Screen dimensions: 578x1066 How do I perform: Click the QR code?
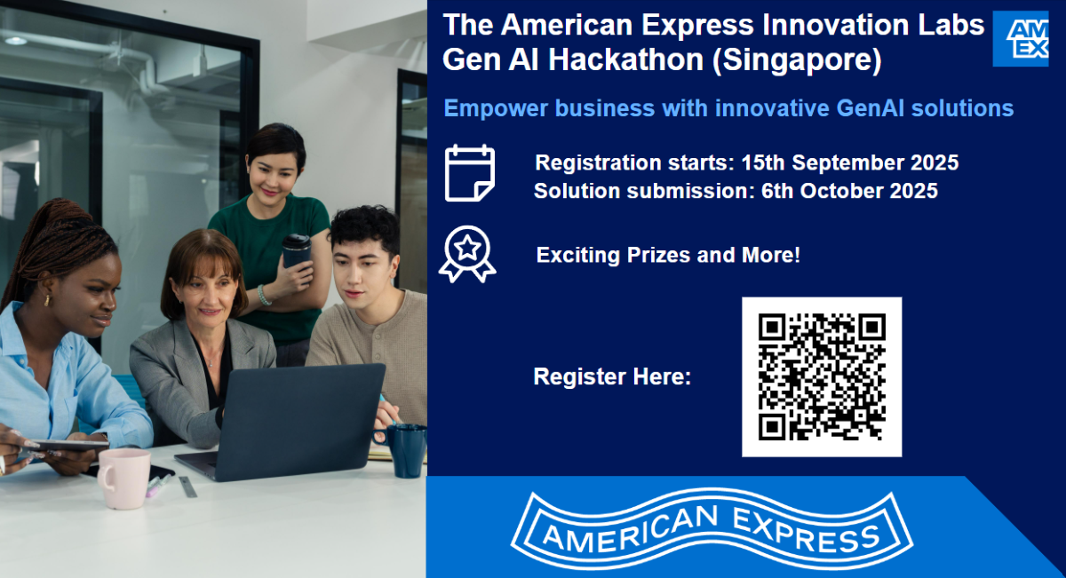tap(822, 376)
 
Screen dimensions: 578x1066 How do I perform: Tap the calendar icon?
tap(469, 173)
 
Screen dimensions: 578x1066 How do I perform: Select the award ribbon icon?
tap(467, 255)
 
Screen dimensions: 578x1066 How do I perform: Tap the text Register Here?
tap(612, 376)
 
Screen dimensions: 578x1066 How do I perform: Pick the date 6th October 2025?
tap(849, 191)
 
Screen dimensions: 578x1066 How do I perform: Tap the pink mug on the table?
tap(123, 477)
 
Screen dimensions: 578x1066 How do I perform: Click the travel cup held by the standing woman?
tap(296, 250)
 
